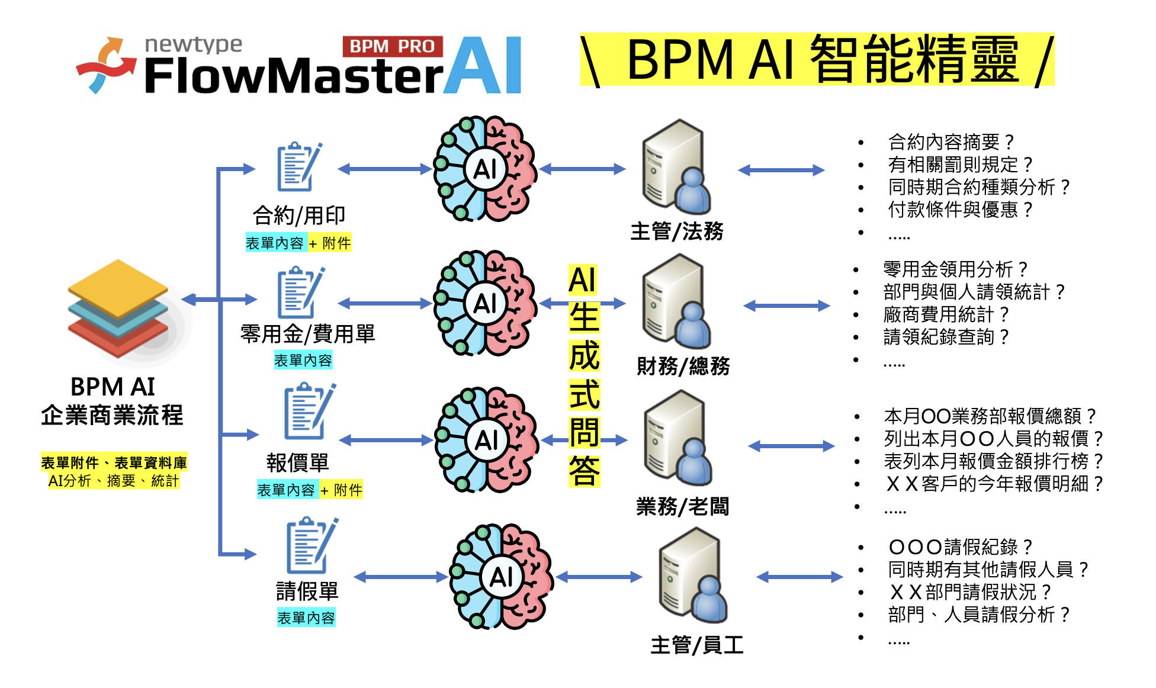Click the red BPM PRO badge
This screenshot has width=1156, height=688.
392,46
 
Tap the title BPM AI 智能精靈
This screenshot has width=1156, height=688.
817,59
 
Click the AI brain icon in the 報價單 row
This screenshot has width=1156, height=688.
486,440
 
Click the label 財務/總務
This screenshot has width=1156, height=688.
683,366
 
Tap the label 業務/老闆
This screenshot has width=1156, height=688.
682,507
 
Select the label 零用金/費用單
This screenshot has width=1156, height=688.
307,334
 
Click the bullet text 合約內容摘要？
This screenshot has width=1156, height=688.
951,142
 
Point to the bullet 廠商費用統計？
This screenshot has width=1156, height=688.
946,314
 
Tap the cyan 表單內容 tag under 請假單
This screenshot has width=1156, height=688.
306,618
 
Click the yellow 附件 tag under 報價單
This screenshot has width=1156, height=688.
348,490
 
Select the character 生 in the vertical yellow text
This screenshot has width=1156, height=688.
584,317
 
